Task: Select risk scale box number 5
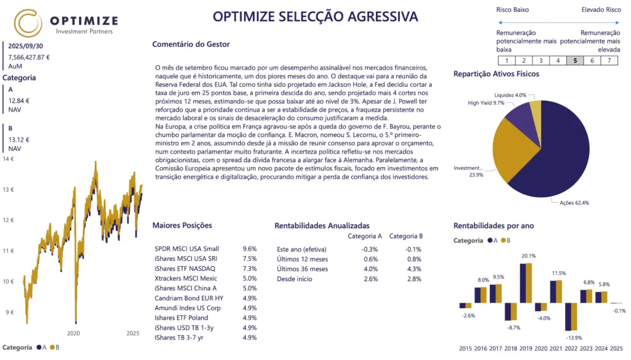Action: pos(575,60)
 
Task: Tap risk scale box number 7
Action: pos(609,60)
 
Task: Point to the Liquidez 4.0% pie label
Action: pos(511,95)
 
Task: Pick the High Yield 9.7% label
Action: pos(486,103)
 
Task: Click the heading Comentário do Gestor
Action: pos(190,44)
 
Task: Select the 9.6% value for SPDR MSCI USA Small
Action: pos(250,249)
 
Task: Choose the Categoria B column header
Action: pos(406,235)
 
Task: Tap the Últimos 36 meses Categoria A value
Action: pos(370,269)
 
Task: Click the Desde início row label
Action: pos(295,279)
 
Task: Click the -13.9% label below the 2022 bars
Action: pos(574,338)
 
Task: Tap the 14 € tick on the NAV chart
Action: pos(9,159)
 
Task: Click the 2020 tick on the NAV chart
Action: pos(73,333)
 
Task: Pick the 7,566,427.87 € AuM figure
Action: pos(29,57)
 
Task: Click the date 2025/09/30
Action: pos(25,46)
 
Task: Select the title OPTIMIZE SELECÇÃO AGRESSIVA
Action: pos(315,17)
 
